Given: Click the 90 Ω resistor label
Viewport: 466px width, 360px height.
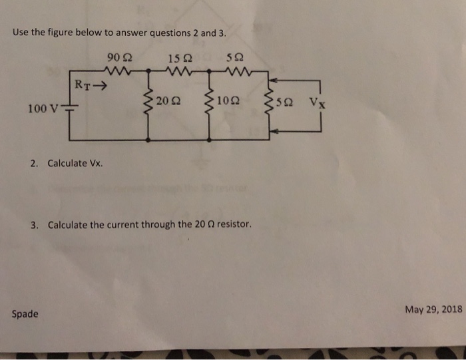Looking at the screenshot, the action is tap(115, 58).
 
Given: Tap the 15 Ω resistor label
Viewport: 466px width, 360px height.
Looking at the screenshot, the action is tap(176, 58).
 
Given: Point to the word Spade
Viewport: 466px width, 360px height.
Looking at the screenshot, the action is tap(25, 313).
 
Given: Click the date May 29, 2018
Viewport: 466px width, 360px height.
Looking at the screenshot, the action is tap(433, 309).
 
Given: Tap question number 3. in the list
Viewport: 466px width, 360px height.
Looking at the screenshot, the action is tap(34, 225).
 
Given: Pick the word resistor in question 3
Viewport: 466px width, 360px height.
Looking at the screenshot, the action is tap(234, 225).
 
